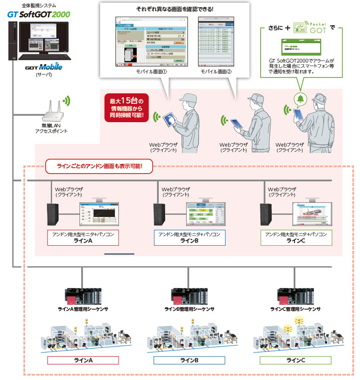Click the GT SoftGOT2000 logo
38,15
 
